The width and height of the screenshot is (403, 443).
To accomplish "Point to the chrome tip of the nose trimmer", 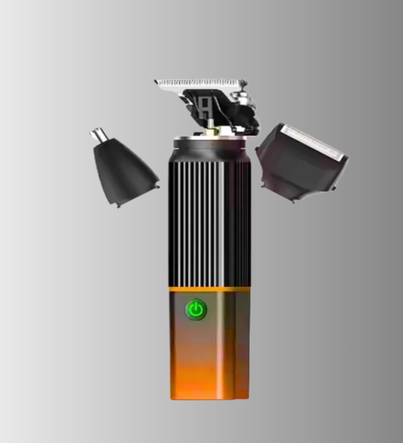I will click(99, 135).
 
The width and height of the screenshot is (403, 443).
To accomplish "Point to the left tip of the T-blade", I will click(157, 83).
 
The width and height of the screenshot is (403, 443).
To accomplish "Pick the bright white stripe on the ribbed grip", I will click(220, 221).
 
